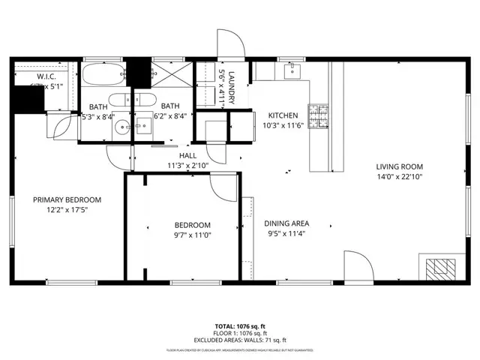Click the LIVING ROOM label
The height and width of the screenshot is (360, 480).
400,166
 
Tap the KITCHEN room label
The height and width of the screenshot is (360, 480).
283,115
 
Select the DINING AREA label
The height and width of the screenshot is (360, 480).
297,223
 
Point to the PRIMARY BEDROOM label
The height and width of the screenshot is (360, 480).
67,199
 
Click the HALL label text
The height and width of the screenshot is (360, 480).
177,155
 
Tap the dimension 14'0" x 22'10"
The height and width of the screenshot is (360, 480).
400,177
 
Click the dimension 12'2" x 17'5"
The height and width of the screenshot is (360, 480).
67,210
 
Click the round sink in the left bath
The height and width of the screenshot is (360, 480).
123,125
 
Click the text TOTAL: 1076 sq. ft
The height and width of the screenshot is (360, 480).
240,327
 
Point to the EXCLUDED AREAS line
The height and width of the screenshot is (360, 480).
240,340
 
